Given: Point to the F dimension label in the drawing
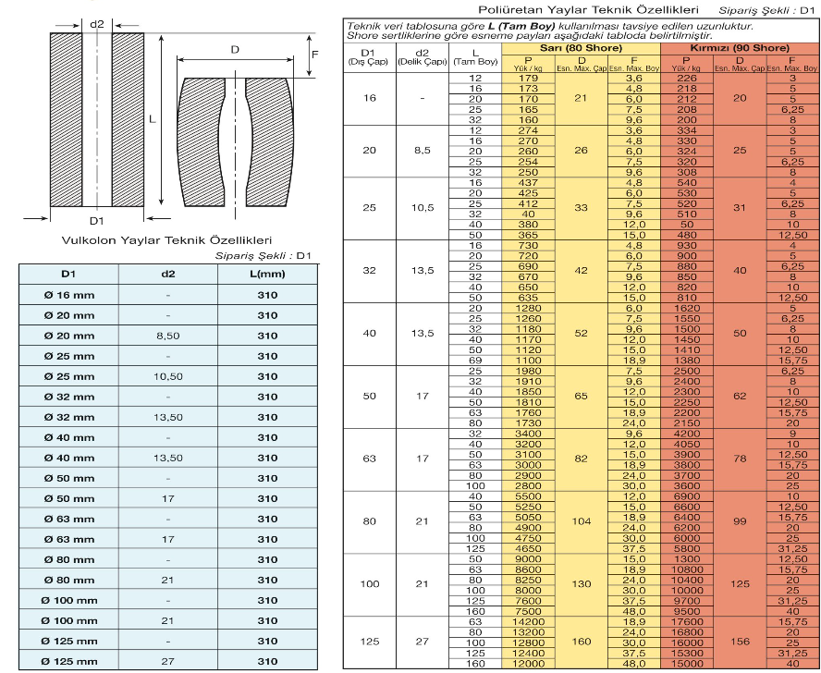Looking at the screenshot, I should tap(316, 55).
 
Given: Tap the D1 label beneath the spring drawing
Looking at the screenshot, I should tap(98, 222).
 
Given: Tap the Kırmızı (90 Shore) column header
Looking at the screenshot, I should tap(740, 47).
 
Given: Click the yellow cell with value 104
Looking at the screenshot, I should tap(582, 521).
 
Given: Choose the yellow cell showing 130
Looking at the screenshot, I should tap(582, 583).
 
